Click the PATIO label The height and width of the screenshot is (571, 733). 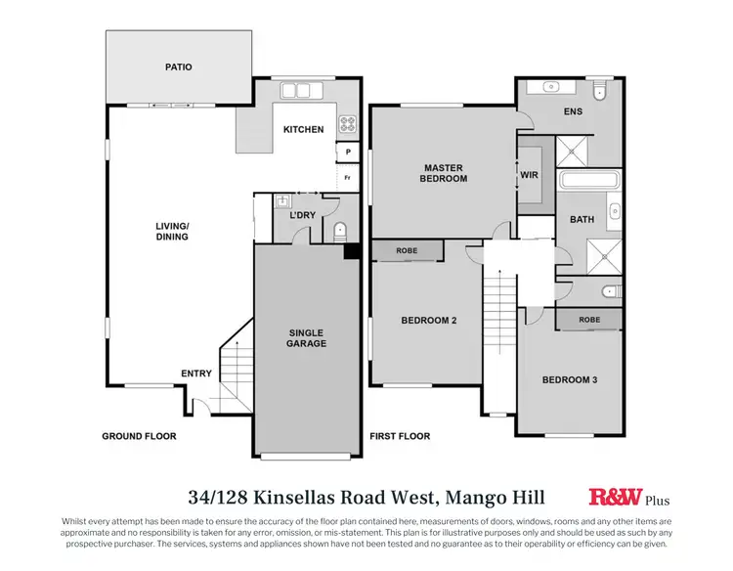coord(178,67)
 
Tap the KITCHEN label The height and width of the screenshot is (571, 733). coord(303,129)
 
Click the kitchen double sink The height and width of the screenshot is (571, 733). coord(296,91)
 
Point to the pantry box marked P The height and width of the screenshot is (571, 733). coord(347,154)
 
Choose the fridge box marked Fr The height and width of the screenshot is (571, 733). coord(347,178)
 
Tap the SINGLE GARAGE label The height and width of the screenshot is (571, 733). coord(306,337)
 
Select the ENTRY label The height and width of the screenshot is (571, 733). coord(196,373)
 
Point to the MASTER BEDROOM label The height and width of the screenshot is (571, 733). coord(444,172)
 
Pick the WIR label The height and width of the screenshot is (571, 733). coord(529,176)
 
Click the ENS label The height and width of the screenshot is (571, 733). coord(573,111)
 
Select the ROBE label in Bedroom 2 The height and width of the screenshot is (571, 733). coord(407,251)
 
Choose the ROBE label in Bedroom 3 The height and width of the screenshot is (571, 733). coord(588,319)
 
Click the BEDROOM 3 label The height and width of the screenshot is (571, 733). coord(570,379)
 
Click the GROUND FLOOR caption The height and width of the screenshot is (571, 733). coord(140,436)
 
